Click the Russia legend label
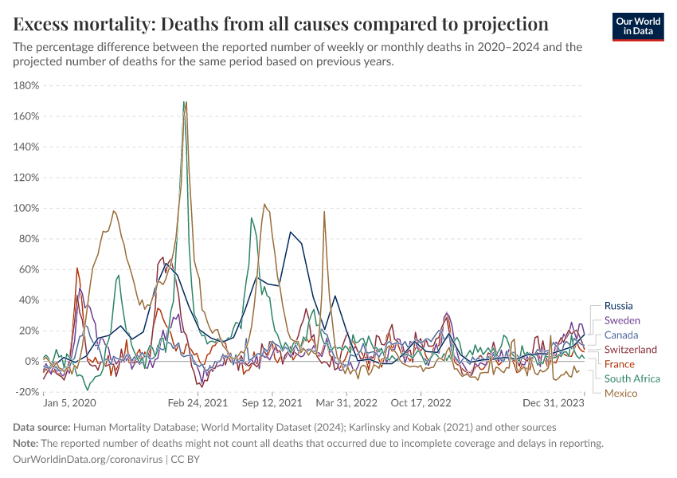coord(619,305)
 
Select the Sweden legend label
coord(622,320)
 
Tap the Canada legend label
coord(621,335)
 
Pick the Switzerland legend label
coord(631,350)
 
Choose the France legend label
coord(620,364)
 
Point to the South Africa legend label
coord(632,378)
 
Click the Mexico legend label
coord(620,394)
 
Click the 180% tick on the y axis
coord(26,86)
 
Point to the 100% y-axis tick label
coord(26,209)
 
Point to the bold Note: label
coord(26,443)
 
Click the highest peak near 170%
coord(185,102)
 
